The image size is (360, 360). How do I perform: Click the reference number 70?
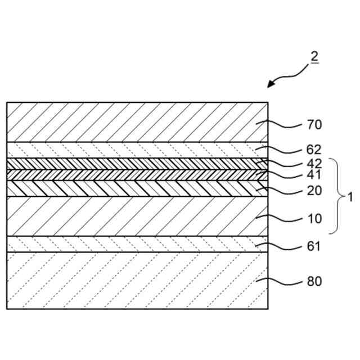pyautogui.click(x=314, y=125)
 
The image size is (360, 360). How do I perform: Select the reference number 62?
pyautogui.click(x=314, y=150)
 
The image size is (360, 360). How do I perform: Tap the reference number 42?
pyautogui.click(x=314, y=164)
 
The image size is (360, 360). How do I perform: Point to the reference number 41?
pyautogui.click(x=314, y=175)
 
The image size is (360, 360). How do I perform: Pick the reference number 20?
pyautogui.click(x=314, y=191)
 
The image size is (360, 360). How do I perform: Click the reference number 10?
pyautogui.click(x=314, y=218)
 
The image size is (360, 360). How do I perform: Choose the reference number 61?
pyautogui.click(x=314, y=246)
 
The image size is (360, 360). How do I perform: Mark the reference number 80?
pyautogui.click(x=314, y=281)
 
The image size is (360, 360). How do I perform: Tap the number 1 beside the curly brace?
pyautogui.click(x=350, y=197)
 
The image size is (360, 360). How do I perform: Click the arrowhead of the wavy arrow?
pyautogui.click(x=271, y=85)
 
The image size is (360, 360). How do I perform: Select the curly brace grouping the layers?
pyautogui.click(x=336, y=196)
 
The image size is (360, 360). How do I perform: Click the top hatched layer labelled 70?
pyautogui.click(x=135, y=122)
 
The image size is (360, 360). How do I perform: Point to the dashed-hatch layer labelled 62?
pyautogui.click(x=135, y=150)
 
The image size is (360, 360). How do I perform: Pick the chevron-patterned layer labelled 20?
pyautogui.click(x=135, y=188)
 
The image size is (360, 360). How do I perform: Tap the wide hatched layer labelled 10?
pyautogui.click(x=135, y=216)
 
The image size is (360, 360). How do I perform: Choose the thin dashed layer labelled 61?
pyautogui.click(x=135, y=244)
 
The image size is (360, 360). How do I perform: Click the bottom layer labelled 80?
pyautogui.click(x=135, y=280)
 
